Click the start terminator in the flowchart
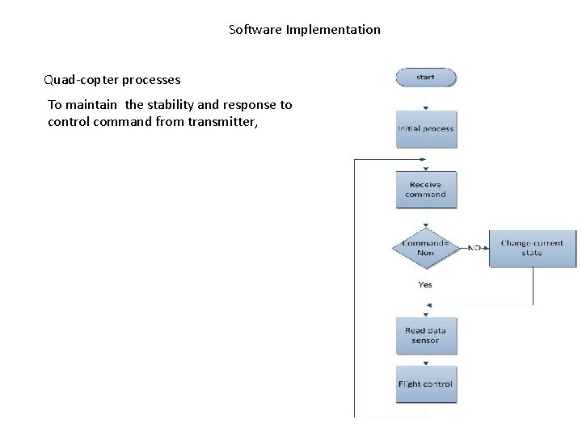tap(425, 78)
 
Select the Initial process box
tap(425, 128)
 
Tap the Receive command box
tap(425, 190)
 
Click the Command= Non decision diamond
tap(425, 248)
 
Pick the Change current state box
tap(533, 247)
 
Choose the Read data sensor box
tap(425, 336)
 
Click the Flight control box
tap(425, 384)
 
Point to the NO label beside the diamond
tap(475, 248)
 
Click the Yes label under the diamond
tap(425, 284)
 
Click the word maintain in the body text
tap(91, 105)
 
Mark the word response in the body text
tap(250, 105)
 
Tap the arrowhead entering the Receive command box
tap(425, 168)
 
